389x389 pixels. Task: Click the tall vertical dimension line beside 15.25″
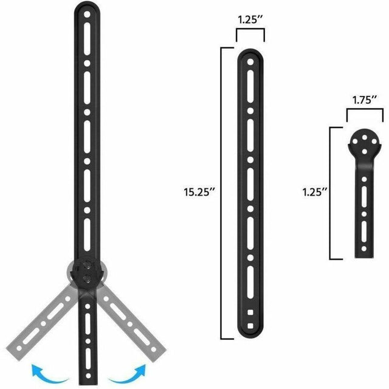click(222, 194)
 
